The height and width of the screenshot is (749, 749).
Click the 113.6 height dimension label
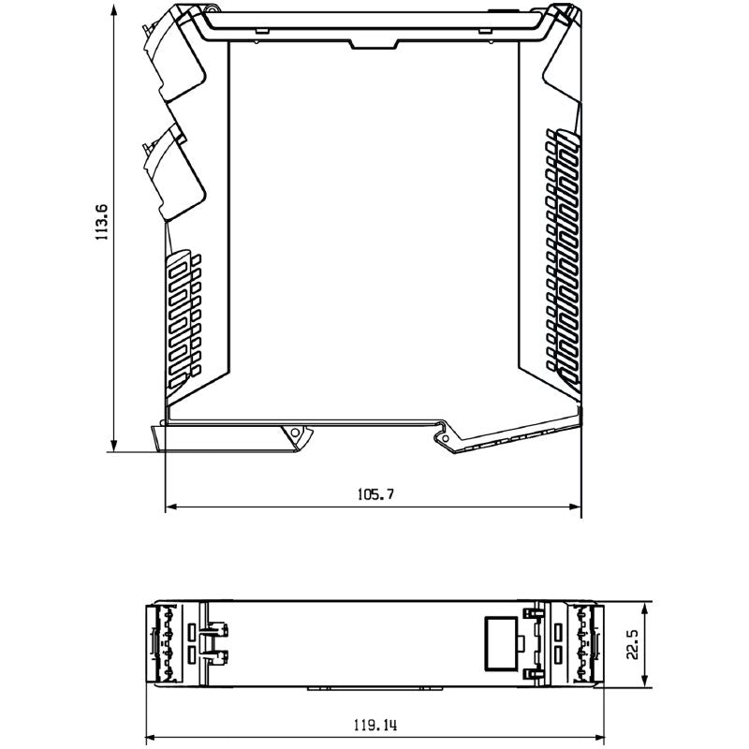(102, 221)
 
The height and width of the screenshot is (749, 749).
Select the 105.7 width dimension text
(374, 494)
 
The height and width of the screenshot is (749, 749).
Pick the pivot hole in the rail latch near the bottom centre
(298, 434)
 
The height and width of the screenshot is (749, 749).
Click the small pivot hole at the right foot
(442, 436)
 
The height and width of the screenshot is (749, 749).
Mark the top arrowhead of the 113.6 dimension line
(114, 7)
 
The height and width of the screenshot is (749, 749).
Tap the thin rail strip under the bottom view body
(374, 690)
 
